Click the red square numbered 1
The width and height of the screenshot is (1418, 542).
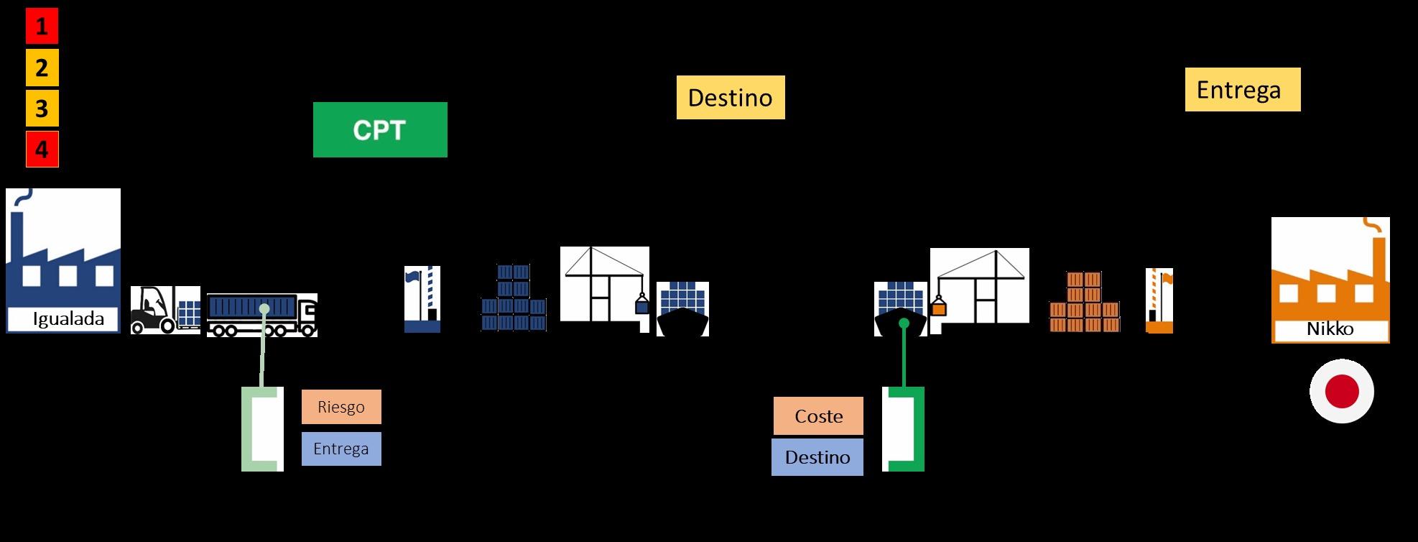pos(42,27)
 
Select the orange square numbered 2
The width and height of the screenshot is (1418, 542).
pos(42,68)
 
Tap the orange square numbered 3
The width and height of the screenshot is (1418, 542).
pos(42,109)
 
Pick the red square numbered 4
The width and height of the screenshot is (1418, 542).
pos(42,150)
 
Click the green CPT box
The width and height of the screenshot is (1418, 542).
pos(380,129)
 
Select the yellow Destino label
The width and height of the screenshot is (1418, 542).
pos(730,97)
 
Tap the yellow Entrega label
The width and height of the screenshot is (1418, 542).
pos(1242,89)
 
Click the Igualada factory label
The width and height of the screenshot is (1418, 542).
pos(68,319)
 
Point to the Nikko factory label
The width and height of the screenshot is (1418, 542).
pos(1330,329)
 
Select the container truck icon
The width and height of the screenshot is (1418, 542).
pos(261,315)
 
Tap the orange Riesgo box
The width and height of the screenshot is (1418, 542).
pos(341,407)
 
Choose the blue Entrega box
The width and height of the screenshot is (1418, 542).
pos(341,449)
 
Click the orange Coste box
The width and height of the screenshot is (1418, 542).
pos(818,416)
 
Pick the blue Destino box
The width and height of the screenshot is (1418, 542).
pos(817,457)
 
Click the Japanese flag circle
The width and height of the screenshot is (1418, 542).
pos(1341,392)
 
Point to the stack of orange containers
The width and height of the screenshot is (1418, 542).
pos(1084,302)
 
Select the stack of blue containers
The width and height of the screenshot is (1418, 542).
pos(514,298)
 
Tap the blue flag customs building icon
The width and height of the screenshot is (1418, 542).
pos(422,299)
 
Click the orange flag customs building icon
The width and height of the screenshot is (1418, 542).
pos(1159,300)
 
